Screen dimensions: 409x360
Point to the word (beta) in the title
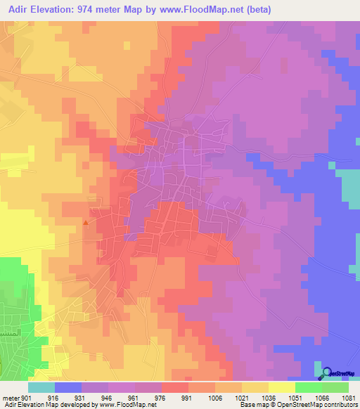point(257,10)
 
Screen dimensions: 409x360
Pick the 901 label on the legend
point(26,398)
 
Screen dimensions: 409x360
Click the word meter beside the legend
point(10,398)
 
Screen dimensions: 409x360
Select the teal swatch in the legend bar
point(41,387)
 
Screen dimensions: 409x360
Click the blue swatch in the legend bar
point(68,387)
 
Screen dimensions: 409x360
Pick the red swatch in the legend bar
point(175,387)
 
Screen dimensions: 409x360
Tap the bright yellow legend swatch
point(282,387)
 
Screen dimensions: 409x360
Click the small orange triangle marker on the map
point(86,223)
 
